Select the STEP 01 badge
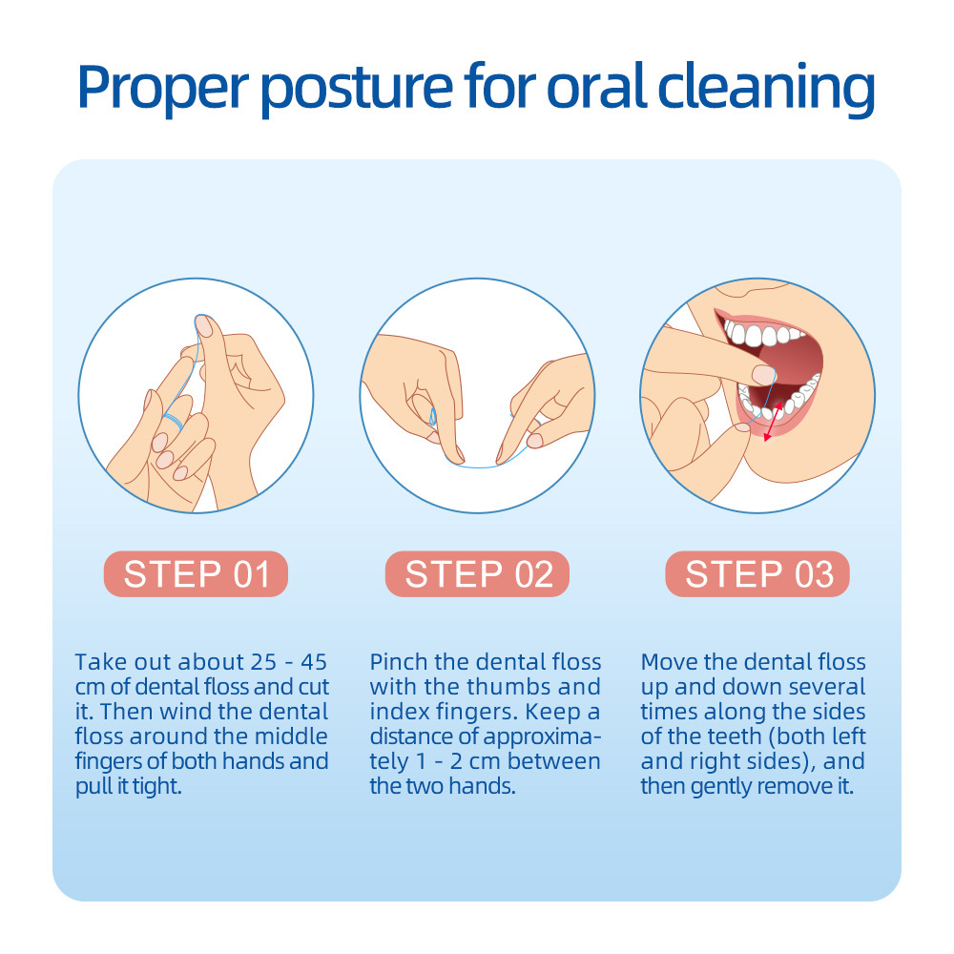196,573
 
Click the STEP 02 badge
478,573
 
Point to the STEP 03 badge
757,573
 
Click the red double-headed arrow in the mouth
773,421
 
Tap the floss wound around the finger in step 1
174,420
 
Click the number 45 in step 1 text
314,662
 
